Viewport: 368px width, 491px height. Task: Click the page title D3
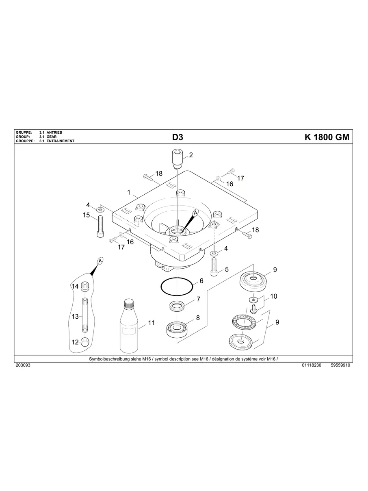178,137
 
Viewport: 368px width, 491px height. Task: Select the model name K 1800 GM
327,137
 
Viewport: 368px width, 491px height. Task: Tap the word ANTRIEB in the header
54,133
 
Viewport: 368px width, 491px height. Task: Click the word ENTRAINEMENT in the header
61,141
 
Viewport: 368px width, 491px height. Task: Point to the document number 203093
23,365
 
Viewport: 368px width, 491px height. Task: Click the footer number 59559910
340,365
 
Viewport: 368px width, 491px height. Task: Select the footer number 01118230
312,365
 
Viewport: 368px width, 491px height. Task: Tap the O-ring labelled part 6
177,287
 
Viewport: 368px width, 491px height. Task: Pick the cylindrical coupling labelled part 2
177,159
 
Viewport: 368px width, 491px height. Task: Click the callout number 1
129,192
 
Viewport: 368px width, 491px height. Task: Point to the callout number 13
75,316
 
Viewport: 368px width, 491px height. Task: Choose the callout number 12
75,342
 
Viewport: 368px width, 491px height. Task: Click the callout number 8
198,318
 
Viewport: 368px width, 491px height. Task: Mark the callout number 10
273,297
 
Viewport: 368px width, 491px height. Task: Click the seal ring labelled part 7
177,306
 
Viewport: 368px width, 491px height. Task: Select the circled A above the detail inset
100,261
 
